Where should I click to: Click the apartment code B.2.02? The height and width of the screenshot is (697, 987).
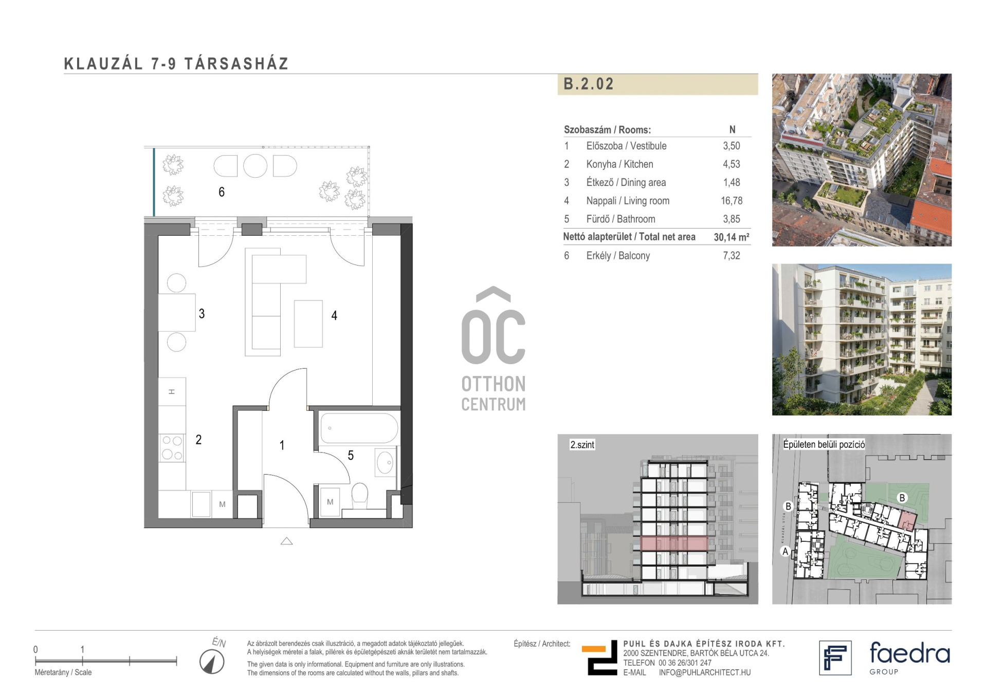[x=589, y=84]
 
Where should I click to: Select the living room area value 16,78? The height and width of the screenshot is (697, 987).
[x=732, y=201]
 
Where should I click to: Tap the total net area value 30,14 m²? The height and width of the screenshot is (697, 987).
[x=732, y=237]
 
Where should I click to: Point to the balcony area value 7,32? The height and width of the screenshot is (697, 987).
[x=732, y=255]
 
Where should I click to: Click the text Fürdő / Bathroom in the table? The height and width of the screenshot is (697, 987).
[x=620, y=219]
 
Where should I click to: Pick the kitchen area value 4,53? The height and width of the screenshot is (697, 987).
[x=732, y=164]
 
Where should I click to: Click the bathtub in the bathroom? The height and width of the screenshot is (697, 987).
[x=359, y=428]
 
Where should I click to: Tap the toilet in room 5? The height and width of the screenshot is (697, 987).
[x=360, y=495]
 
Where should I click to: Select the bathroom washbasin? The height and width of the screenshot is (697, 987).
[x=385, y=462]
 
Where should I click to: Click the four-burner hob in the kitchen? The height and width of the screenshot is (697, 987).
[x=172, y=447]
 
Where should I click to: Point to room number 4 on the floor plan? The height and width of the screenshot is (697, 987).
[x=334, y=315]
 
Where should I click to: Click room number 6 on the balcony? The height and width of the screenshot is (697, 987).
[x=222, y=192]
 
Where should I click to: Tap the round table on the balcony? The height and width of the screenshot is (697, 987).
[x=255, y=166]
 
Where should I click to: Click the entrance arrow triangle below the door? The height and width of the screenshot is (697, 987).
[x=286, y=541]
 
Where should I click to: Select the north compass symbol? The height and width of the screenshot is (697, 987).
[x=212, y=662]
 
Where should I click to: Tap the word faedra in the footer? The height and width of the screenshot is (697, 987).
[x=909, y=653]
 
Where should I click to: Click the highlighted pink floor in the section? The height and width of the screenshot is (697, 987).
[x=674, y=543]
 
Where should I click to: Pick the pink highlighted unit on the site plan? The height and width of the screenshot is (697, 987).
[x=907, y=520]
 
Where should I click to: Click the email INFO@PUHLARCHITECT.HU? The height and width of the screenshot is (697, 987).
[x=705, y=672]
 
